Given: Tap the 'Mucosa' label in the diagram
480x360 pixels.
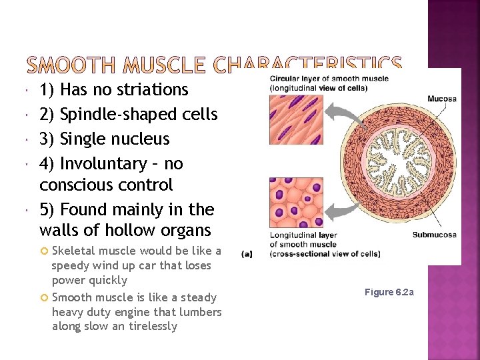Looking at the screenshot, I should pos(441,99).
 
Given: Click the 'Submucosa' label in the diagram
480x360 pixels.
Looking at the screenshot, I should pos(434,235).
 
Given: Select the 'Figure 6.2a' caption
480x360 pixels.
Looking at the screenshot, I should pos(389,293).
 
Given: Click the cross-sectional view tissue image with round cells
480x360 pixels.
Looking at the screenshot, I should pos(291,202).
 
